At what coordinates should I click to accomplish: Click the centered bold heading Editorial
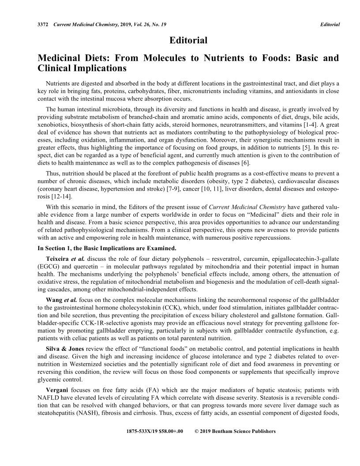(188, 41)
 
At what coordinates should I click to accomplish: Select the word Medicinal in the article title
(60, 58)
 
